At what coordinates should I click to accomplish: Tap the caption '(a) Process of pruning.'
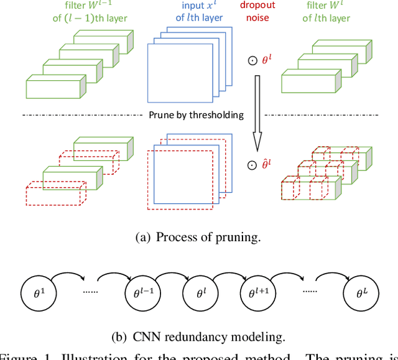[x=198, y=237]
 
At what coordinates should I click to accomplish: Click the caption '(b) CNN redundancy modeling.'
[x=198, y=337]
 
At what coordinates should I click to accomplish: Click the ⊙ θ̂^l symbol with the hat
[x=261, y=165]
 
